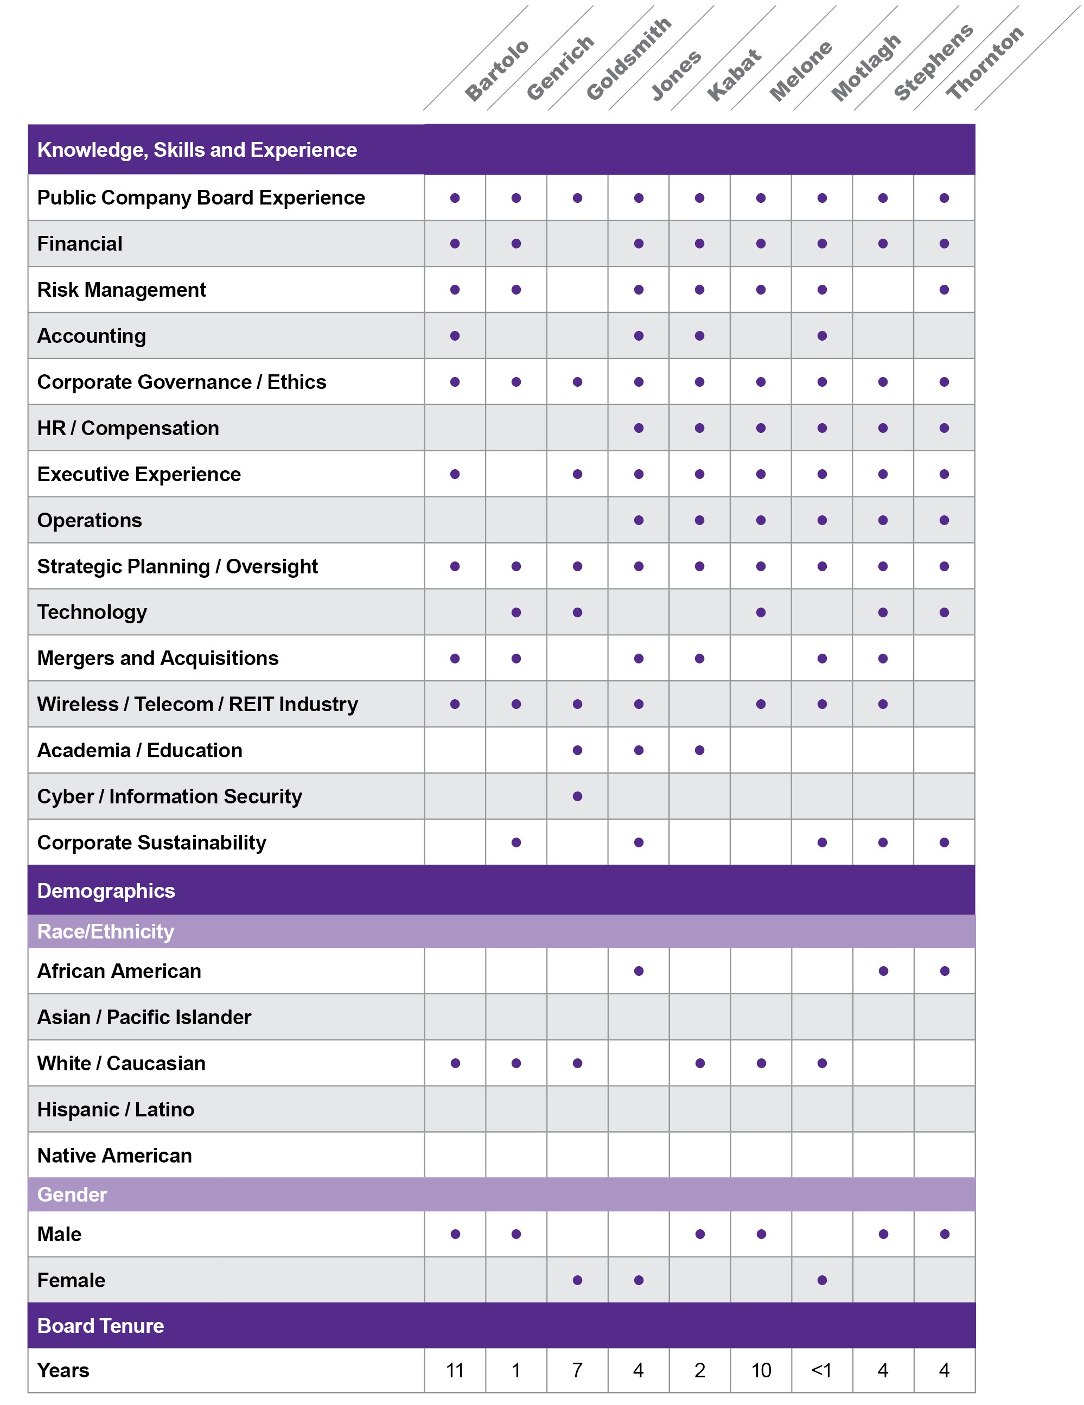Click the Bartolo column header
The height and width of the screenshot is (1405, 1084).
[496, 71]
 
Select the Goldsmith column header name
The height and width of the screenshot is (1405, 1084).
[628, 59]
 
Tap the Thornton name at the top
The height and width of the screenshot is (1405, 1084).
[984, 62]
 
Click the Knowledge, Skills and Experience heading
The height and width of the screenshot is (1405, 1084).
[197, 150]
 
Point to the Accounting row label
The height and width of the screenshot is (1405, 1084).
[91, 336]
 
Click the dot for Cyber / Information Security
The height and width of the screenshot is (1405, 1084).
[577, 796]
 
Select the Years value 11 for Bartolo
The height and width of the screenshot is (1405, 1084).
[455, 1370]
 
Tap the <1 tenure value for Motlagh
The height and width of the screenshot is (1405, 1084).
[821, 1370]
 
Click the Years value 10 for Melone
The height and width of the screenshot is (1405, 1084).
[761, 1370]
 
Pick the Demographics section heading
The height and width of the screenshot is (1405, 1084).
[106, 891]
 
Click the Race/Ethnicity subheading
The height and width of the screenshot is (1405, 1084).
[105, 931]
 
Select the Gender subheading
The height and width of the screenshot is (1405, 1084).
[72, 1195]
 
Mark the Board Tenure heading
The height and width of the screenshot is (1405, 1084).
[100, 1326]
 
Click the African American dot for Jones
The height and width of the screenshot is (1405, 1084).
[638, 972]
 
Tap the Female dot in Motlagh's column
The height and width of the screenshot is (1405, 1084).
[821, 1280]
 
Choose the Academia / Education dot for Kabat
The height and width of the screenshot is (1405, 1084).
[699, 750]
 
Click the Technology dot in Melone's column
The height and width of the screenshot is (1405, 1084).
[761, 612]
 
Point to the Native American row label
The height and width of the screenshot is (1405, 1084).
[114, 1155]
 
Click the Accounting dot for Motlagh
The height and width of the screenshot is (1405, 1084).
[821, 336]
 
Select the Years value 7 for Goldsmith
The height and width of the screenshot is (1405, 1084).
[577, 1370]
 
